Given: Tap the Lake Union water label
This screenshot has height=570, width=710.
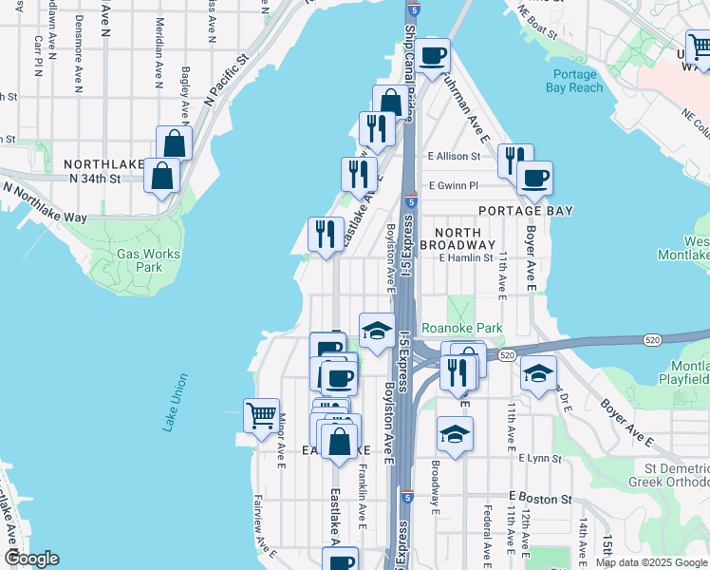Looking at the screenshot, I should pos(176,403).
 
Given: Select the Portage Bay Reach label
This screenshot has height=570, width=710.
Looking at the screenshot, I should pos(573,81).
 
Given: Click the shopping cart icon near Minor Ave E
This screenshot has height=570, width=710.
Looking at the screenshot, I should pos(261,415).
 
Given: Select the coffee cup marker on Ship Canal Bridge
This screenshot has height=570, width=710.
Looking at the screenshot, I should pos(432,56).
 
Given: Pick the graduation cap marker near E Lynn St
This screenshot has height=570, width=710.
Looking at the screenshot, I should pos(455,434).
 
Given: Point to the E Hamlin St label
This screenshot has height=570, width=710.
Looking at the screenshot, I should pos(466,257).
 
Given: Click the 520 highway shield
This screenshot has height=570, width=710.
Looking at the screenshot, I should pos(506,354).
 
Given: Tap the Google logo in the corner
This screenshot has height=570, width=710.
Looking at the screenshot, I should pos(31,559).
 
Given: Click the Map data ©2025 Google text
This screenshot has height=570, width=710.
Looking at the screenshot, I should pos(651,562).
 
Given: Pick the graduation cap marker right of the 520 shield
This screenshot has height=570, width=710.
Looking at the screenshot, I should pos(538,371).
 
